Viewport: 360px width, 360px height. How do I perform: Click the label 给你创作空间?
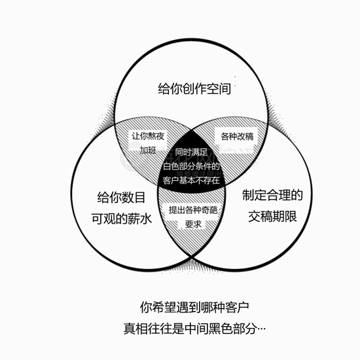coord(194,88)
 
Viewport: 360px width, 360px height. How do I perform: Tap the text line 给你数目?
coord(121,198)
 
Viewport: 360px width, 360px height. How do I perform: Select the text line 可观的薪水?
coord(122,219)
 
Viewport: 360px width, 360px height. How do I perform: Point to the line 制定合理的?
coord(272,195)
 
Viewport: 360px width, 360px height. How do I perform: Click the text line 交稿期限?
coord(272,216)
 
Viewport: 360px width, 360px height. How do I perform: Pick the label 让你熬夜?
coord(148,136)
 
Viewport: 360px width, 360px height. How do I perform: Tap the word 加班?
coord(148,151)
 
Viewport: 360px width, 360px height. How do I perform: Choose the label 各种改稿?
coord(237,136)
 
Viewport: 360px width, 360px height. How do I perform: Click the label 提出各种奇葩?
coord(193,210)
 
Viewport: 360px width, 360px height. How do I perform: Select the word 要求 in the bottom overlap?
coord(193,224)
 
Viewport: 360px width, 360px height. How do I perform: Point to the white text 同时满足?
coord(191,153)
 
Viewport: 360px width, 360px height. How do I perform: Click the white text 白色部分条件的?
coord(191,166)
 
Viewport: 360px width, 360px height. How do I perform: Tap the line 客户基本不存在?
coord(191,181)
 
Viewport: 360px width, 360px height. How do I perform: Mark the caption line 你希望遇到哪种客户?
coord(194,307)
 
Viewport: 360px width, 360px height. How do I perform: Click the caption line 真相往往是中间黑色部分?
coord(190,329)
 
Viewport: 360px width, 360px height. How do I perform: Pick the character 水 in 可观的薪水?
coord(146,219)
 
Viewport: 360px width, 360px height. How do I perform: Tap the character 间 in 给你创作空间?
coord(225,88)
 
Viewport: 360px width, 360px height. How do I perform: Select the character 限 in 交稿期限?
coord(291,216)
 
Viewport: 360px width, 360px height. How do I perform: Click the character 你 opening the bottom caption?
coord(146,308)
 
